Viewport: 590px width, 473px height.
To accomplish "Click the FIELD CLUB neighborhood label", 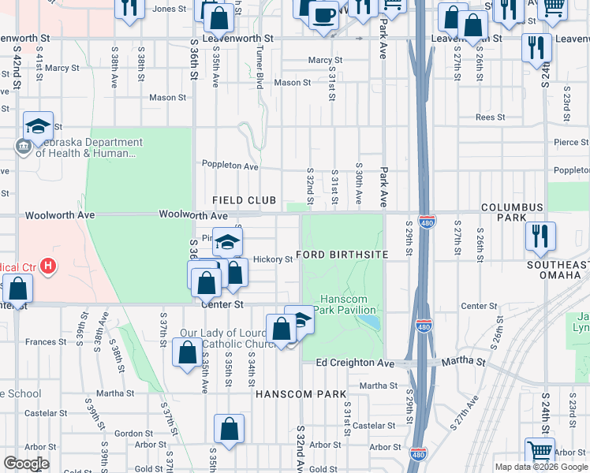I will [x=243, y=201].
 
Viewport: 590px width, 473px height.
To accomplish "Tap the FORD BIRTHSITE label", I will [x=342, y=256].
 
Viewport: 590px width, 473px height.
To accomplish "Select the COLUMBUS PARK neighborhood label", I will [x=513, y=213].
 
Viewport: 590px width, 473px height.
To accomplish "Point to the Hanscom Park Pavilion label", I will [x=348, y=304].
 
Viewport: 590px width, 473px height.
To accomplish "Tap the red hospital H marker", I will [x=49, y=266].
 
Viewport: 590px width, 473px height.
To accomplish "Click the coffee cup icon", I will [x=323, y=14].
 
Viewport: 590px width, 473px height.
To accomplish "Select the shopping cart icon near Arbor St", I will [x=540, y=453].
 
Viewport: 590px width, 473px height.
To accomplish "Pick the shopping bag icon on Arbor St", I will [x=229, y=430].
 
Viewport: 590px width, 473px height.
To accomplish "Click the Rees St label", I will [x=490, y=117].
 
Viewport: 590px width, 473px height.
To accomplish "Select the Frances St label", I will [x=46, y=342].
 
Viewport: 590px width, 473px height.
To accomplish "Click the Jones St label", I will [x=169, y=9].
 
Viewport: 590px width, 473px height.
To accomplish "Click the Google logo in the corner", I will [x=26, y=464].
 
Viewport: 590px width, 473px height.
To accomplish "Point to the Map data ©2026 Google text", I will [x=541, y=467].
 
